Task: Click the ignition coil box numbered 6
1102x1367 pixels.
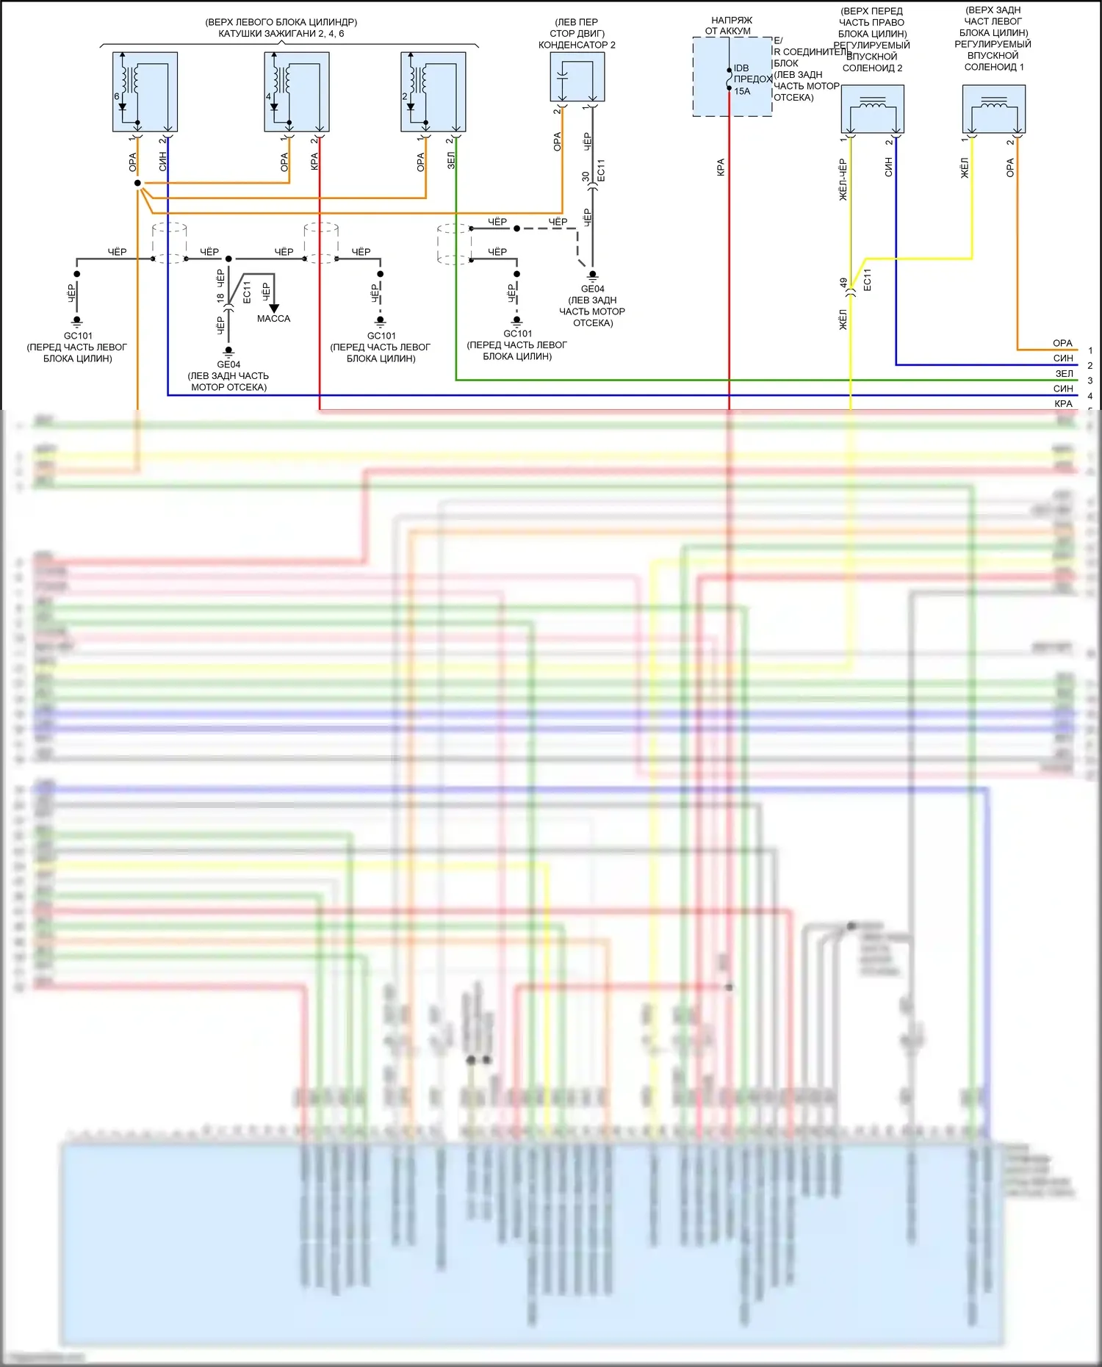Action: click(x=145, y=92)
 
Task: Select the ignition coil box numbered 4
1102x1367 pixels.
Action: click(x=296, y=92)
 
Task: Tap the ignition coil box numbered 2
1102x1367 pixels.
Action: click(x=433, y=92)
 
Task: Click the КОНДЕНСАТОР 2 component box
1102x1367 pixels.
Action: click(x=577, y=76)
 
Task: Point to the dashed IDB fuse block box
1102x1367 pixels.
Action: click(x=732, y=77)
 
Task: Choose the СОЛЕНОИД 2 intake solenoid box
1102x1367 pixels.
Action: click(x=872, y=109)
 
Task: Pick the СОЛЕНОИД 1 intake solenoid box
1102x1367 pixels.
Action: click(x=993, y=109)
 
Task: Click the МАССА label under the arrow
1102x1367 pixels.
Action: click(x=273, y=319)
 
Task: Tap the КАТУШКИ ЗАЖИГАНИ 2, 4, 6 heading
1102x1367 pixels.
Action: click(x=281, y=34)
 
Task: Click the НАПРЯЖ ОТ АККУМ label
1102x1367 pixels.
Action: click(x=730, y=26)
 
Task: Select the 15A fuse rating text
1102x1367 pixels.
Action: click(x=742, y=92)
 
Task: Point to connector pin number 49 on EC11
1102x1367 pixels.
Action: click(x=844, y=283)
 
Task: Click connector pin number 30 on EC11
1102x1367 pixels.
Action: click(x=586, y=177)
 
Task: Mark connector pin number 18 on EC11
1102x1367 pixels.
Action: click(x=220, y=298)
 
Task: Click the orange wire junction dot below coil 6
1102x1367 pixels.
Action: click(x=137, y=183)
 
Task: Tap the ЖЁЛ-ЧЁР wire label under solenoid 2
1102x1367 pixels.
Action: click(x=843, y=179)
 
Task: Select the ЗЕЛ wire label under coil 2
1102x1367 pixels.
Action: click(x=450, y=161)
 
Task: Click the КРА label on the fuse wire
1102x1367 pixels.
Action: click(x=721, y=167)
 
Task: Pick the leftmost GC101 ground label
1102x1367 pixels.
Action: click(x=78, y=336)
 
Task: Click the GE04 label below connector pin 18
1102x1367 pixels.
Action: click(x=228, y=364)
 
